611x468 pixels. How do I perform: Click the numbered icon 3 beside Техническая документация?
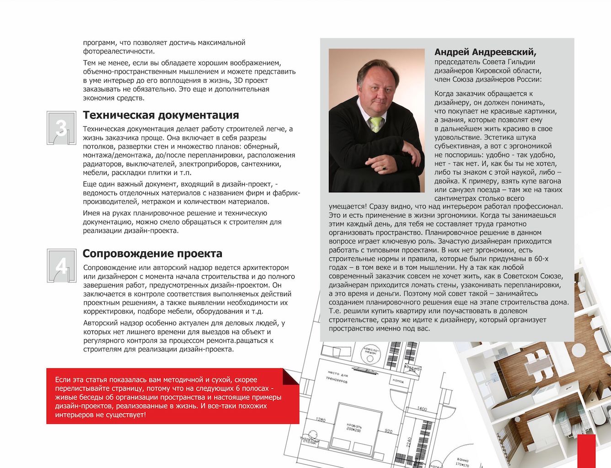point(61,128)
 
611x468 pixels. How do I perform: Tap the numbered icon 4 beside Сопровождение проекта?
point(61,266)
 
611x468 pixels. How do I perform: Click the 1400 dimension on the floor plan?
point(422,409)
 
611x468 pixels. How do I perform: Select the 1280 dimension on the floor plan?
point(321,420)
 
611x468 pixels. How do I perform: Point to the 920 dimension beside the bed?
point(388,431)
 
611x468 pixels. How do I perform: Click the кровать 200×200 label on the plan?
point(354,427)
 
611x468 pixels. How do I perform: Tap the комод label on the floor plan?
point(397,381)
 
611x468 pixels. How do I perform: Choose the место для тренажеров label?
point(337,378)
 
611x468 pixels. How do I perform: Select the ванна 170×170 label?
point(462,462)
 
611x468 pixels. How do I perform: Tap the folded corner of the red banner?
point(291,377)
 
